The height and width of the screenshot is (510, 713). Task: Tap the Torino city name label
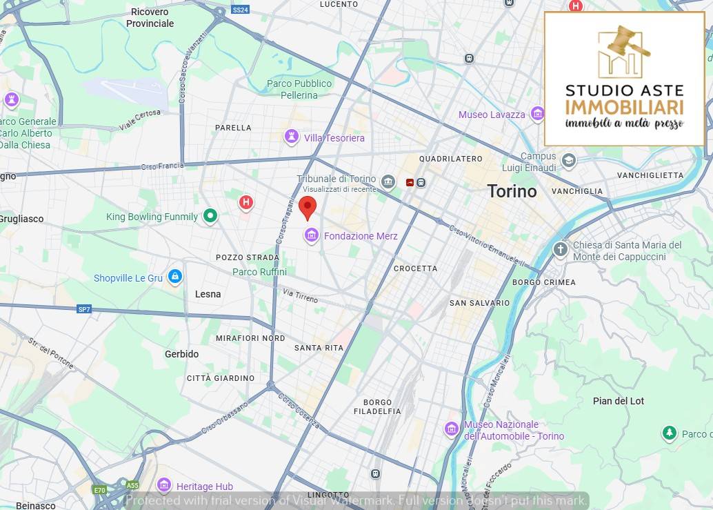[512, 191]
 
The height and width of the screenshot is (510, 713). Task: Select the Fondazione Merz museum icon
[312, 236]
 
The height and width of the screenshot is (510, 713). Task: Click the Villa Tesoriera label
[334, 138]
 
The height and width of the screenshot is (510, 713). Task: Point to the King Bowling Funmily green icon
[210, 217]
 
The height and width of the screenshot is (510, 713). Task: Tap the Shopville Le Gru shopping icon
[175, 277]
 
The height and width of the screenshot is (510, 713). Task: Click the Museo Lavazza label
[492, 115]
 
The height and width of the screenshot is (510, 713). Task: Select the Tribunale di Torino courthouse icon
[388, 182]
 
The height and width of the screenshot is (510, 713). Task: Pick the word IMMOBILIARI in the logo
[624, 107]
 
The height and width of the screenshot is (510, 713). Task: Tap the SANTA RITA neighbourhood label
[319, 348]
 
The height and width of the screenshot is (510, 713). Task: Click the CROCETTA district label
[415, 268]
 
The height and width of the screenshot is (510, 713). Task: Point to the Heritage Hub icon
[164, 485]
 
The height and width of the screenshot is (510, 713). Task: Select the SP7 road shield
[84, 309]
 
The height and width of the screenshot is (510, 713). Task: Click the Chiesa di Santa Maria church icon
[561, 249]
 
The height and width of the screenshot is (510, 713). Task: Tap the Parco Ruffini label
[259, 272]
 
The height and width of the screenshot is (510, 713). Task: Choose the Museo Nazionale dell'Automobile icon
[452, 429]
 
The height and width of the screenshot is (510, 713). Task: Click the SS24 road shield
[240, 10]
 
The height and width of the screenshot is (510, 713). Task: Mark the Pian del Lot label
[619, 401]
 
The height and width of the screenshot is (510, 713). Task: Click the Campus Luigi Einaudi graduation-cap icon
[568, 161]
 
